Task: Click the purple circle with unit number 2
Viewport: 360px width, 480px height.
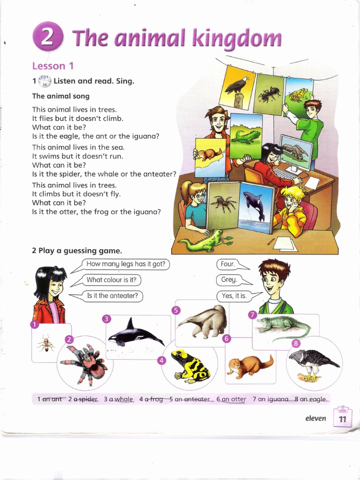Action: click(x=47, y=37)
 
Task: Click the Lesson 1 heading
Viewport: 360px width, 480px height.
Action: click(x=52, y=66)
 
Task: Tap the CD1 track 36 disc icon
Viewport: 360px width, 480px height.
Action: click(x=45, y=81)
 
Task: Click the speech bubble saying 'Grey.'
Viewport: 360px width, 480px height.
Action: click(x=228, y=280)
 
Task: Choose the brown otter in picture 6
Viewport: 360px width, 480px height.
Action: click(x=248, y=364)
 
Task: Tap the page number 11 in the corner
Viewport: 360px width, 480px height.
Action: click(x=342, y=420)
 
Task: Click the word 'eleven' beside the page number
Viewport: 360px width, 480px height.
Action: click(x=315, y=418)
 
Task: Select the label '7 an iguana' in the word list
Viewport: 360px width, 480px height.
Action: click(x=270, y=399)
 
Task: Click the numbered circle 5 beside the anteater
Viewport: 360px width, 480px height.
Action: click(x=176, y=310)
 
